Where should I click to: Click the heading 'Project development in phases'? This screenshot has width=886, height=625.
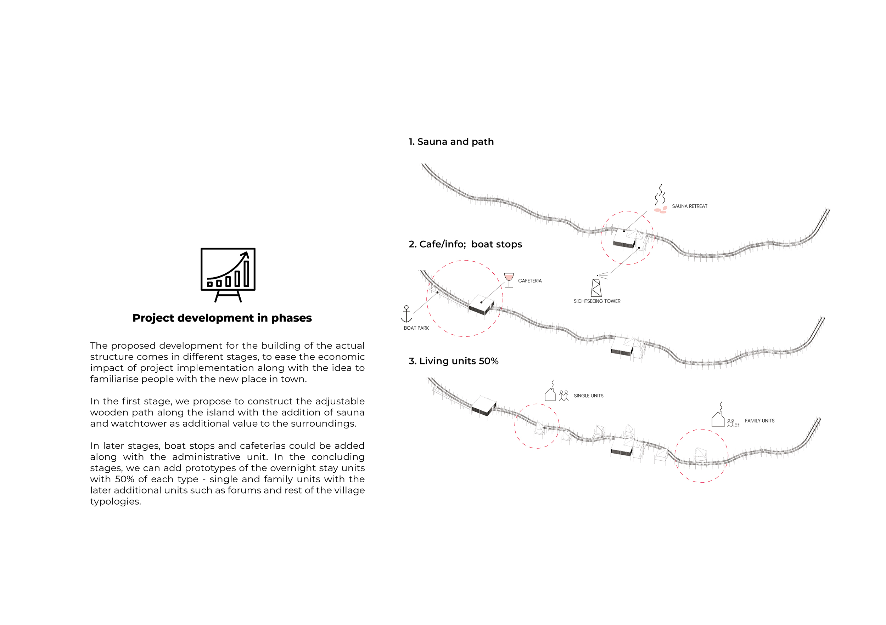coord(222,318)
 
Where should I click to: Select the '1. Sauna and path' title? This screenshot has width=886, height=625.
coord(451,142)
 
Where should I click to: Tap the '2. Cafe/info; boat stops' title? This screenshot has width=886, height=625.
coord(465,244)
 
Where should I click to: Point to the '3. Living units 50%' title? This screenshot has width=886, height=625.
coord(453,361)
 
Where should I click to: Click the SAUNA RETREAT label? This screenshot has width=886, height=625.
coord(690,206)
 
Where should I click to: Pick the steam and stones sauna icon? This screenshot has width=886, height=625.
coord(660,199)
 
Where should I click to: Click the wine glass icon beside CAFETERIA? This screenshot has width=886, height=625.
coord(509,280)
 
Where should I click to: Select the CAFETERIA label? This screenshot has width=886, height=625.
coord(530,281)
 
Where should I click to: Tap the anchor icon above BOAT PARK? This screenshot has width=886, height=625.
coord(406,314)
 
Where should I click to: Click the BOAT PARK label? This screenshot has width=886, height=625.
coord(416,328)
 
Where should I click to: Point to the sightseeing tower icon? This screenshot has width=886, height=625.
coord(596,287)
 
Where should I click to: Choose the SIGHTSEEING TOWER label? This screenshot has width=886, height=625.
coord(597,301)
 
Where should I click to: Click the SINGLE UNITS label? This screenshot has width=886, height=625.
coord(588,396)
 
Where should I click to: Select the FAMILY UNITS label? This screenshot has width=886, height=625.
coord(759,421)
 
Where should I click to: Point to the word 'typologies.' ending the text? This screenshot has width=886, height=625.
coord(116,502)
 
